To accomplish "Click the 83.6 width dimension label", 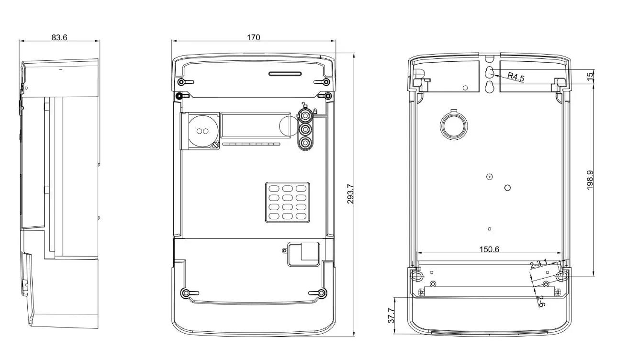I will [x=59, y=37].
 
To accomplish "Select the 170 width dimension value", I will [x=253, y=37].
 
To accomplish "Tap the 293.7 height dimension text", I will [x=350, y=194].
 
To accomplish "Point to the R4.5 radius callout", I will [x=516, y=77].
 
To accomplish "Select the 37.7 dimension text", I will [x=391, y=316].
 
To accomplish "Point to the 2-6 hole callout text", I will [x=540, y=301].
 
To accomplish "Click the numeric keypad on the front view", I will [x=287, y=202].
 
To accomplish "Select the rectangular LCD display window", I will [x=256, y=126].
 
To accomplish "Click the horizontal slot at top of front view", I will [x=285, y=74].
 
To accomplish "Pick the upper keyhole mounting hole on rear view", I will [x=489, y=73].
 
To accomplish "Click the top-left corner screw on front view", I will [x=179, y=96].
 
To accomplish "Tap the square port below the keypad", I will [x=303, y=254].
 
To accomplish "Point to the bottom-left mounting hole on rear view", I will [x=415, y=276].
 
